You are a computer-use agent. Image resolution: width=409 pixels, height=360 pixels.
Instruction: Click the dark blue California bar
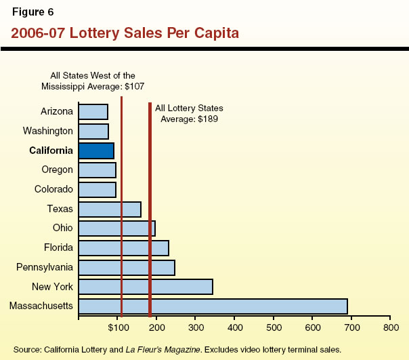(x=96, y=151)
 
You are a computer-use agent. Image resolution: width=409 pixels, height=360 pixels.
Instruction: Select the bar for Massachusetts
(x=213, y=306)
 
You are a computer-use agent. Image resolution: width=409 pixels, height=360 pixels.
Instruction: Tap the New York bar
(x=146, y=287)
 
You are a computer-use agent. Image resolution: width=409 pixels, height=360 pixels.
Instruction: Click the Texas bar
(x=110, y=209)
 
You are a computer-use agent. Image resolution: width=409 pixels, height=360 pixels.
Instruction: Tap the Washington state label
(x=47, y=131)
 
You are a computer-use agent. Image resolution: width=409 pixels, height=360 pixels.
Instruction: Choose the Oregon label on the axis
(x=57, y=170)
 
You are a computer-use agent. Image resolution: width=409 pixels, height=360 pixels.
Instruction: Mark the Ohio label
(x=62, y=228)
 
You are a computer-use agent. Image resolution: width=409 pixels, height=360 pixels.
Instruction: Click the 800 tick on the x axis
(x=390, y=328)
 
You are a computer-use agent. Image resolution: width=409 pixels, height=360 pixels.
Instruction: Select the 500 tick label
(x=274, y=328)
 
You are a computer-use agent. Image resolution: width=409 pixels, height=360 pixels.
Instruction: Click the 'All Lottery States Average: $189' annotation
(x=189, y=113)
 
